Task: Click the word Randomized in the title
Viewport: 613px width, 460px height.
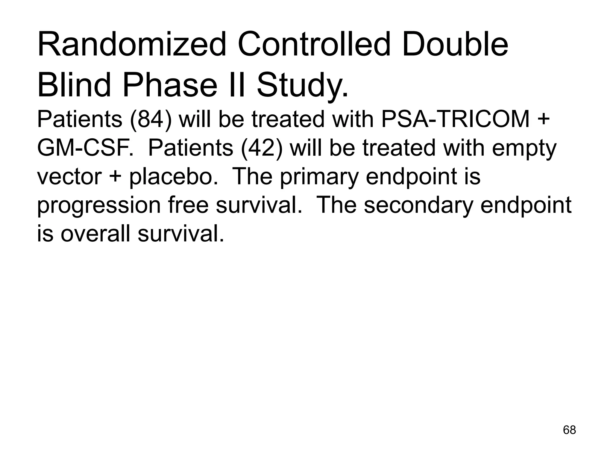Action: pyautogui.click(x=132, y=45)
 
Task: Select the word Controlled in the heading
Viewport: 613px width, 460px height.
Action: pyautogui.click(x=314, y=45)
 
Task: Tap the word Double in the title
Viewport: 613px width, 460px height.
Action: pyautogui.click(x=455, y=45)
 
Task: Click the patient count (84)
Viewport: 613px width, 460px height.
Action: pyautogui.click(x=151, y=119)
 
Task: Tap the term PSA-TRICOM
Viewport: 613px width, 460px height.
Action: pyautogui.click(x=455, y=119)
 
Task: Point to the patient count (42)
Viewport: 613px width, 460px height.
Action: pyautogui.click(x=262, y=148)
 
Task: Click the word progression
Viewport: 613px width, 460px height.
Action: pyautogui.click(x=99, y=206)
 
